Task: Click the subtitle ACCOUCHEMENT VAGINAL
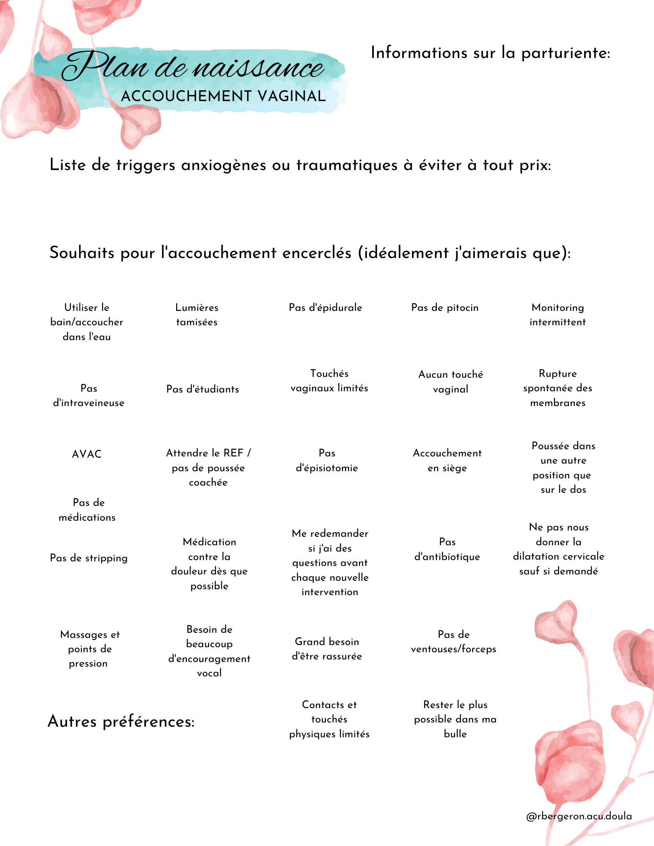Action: point(224,96)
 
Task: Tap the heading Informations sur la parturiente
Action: point(490,53)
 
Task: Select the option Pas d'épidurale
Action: point(326,308)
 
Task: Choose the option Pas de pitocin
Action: point(445,308)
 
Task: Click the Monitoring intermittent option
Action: point(557,315)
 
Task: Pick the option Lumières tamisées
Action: point(197,315)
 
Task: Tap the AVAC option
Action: point(87,454)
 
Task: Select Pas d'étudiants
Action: point(203,389)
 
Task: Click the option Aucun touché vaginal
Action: point(451,382)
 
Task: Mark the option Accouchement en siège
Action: point(447,460)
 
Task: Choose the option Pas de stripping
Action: point(89,558)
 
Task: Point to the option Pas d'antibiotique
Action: point(447,549)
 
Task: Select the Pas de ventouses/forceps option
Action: point(453,642)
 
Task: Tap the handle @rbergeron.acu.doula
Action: point(579,816)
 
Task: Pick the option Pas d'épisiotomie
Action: point(327,460)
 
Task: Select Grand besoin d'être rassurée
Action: point(327,649)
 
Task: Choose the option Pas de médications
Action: point(87,510)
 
